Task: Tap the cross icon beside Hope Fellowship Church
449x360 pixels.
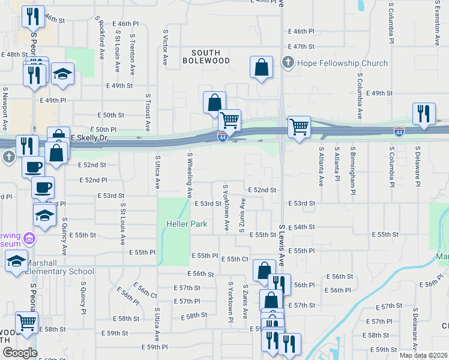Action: coord(288,63)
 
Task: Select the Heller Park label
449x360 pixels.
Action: coord(187,224)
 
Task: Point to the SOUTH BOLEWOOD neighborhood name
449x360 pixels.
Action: coord(202,57)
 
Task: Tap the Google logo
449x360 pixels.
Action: coord(20,352)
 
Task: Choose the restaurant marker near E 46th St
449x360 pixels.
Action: coord(33,17)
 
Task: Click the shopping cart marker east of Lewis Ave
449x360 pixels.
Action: coord(299,127)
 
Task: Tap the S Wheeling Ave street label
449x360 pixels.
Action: coord(190,175)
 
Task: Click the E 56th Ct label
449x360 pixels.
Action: coord(146,292)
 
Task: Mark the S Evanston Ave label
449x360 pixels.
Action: coord(437,24)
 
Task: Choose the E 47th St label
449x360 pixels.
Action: coord(301,46)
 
